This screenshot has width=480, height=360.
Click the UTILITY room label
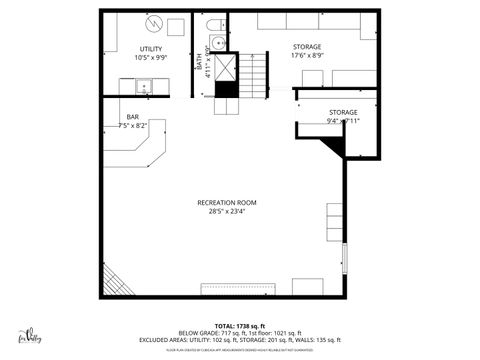point(151,49)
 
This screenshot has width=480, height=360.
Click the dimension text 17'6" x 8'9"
point(307,56)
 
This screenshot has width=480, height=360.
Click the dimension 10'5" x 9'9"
point(151,57)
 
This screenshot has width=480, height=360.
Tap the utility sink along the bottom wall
point(144,86)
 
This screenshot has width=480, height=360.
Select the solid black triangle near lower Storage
point(335,147)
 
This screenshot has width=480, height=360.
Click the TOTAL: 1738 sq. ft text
point(238,326)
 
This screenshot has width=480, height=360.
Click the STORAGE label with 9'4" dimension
point(343,112)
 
